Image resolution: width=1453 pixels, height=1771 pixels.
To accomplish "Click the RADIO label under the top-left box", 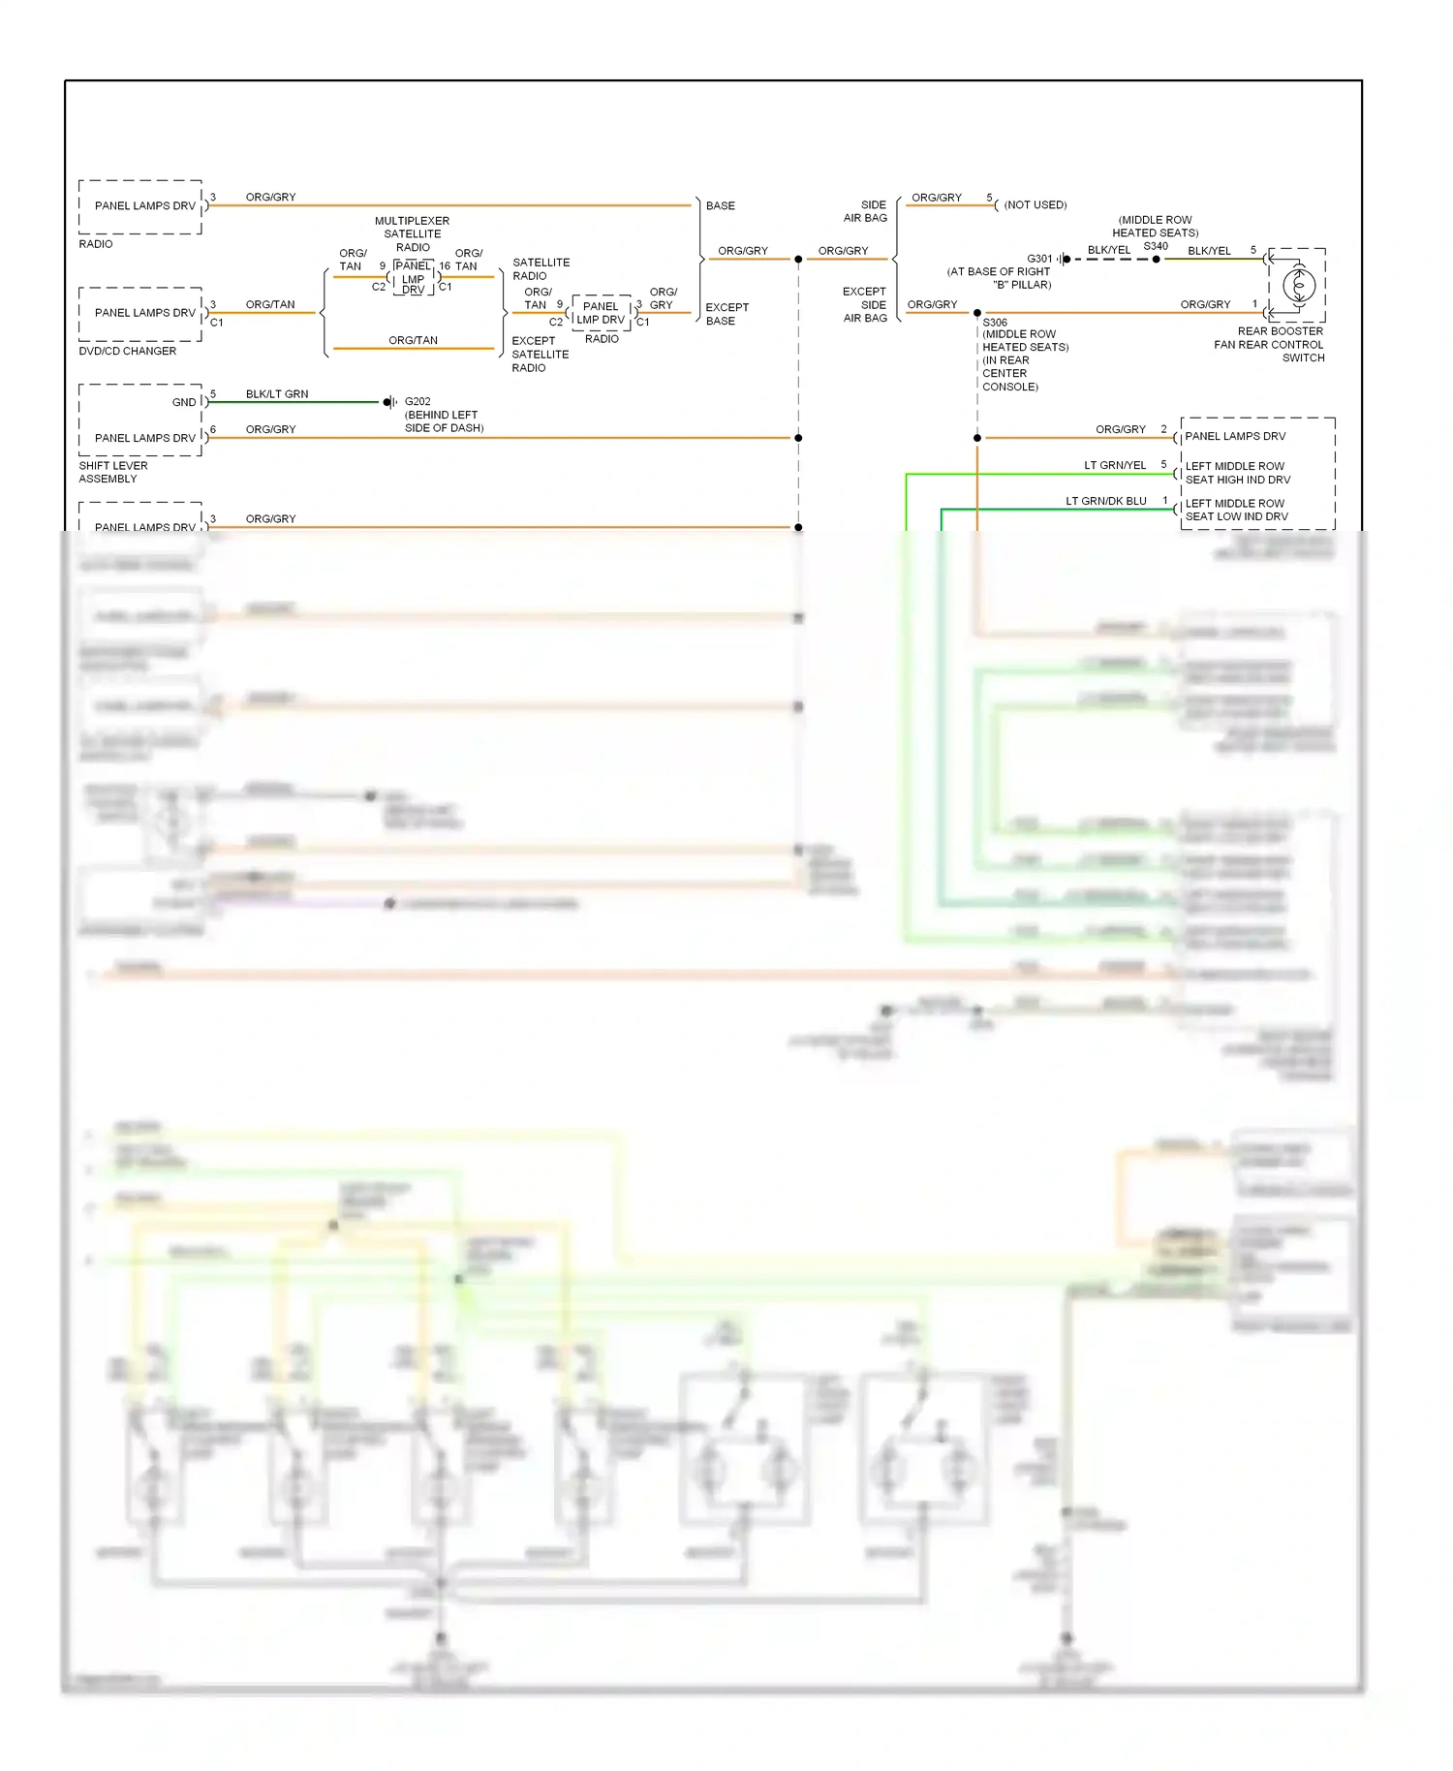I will pos(96,244).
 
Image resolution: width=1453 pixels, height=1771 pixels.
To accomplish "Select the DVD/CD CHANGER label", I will pos(128,351).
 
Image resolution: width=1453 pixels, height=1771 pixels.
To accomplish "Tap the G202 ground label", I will pos(417,401).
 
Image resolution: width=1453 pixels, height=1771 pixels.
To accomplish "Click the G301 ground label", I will pos(1039,259).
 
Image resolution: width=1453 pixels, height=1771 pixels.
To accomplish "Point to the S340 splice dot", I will pos(1156,259).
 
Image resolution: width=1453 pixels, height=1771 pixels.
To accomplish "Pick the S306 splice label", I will pos(995,323).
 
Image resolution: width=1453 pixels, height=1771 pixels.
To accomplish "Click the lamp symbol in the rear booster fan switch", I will pos(1298,285).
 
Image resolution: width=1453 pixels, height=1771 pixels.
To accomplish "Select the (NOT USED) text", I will pos(1035,205).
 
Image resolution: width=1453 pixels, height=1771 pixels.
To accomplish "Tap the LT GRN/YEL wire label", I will pos(1115,465).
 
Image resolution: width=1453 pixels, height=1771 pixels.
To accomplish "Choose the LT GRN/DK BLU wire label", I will pos(1106,501).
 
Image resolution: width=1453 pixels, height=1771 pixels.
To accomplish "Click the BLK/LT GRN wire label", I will pos(277,394).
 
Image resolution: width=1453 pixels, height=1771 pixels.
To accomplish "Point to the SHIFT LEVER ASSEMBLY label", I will pos(112,472).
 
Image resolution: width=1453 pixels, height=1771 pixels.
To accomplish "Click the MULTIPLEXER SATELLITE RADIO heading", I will pos(413,233).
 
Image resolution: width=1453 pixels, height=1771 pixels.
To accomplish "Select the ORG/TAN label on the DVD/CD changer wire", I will pos(270,304).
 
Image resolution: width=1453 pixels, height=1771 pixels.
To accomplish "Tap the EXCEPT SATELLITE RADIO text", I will pos(540,355).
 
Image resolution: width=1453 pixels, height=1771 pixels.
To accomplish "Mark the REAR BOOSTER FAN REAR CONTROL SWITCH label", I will pos(1269,344).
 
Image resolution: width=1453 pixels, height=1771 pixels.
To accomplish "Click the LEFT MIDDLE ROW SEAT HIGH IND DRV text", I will pos(1237,473).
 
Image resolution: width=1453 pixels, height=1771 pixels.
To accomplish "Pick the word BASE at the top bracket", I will pos(721,205).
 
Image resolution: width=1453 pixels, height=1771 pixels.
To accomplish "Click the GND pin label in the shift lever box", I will pos(184,402).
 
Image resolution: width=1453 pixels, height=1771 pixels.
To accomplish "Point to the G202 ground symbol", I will pos(389,402).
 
